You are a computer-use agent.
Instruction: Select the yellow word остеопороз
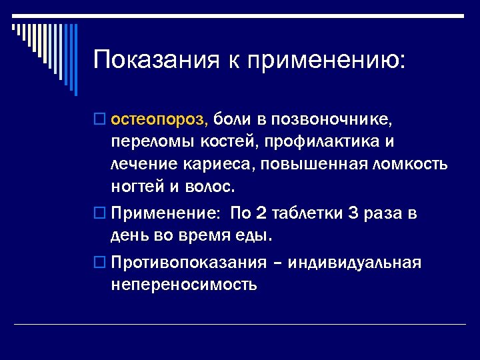(x=160, y=121)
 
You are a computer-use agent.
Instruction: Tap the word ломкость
(x=411, y=163)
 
